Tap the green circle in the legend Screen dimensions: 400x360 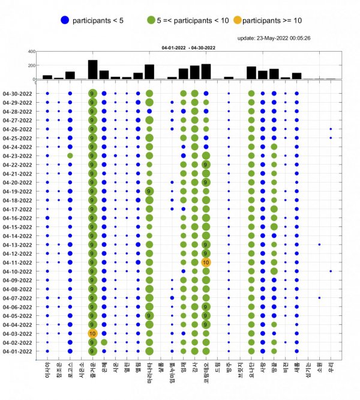coord(152,20)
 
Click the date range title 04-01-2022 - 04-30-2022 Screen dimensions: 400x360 coord(188,47)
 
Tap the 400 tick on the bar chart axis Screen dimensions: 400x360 coord(31,52)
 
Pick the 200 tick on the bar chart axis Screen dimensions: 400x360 coord(31,65)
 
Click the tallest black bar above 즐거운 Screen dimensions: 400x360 coord(92,70)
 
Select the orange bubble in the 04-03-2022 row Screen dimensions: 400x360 coord(92,333)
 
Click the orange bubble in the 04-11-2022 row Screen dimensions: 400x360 coord(206,262)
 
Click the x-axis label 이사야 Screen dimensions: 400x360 coord(47,369)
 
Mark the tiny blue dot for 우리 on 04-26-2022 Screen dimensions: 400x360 coord(331,129)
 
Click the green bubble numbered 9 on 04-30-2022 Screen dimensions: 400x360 coord(92,94)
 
